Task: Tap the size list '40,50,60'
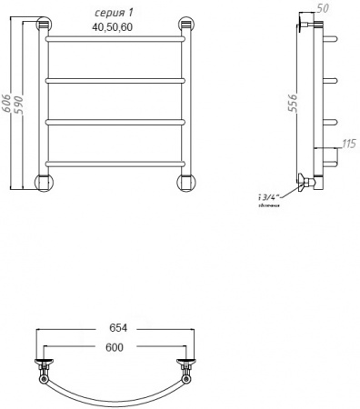(112, 27)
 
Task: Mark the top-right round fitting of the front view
(187, 26)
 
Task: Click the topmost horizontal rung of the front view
(115, 41)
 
